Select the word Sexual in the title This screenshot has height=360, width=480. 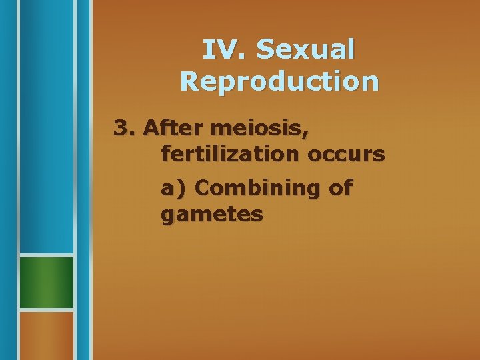point(305,49)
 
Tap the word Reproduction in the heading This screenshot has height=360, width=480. point(279,81)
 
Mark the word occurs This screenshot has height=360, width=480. point(346,155)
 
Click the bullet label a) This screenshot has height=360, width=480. point(175,189)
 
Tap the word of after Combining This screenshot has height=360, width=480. point(340,189)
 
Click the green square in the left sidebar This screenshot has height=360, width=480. point(46,283)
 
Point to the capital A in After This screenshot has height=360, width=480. point(151,127)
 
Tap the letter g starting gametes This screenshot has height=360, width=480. point(167,217)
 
